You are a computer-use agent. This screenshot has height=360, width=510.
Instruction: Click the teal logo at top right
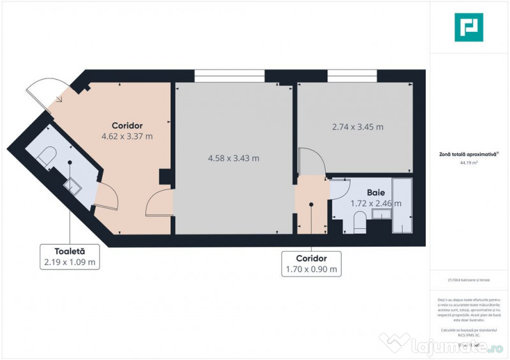pyautogui.click(x=469, y=27)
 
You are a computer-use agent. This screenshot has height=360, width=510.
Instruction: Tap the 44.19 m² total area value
pyautogui.click(x=469, y=162)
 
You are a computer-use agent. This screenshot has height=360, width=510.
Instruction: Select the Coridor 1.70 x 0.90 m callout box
pyautogui.click(x=311, y=264)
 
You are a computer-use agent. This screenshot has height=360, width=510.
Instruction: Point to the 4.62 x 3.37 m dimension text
pyautogui.click(x=127, y=136)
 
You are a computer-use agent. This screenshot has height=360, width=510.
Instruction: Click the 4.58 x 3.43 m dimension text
pyautogui.click(x=233, y=158)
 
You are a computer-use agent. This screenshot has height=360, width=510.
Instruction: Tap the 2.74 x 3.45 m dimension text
pyautogui.click(x=358, y=127)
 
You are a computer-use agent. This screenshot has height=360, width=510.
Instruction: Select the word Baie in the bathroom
pyautogui.click(x=375, y=192)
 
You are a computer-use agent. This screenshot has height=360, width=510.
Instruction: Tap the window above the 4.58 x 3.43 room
pyautogui.click(x=229, y=75)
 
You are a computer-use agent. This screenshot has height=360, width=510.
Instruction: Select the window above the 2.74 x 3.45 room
pyautogui.click(x=351, y=75)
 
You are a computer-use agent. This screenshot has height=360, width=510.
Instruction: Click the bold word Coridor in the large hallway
pyautogui.click(x=127, y=125)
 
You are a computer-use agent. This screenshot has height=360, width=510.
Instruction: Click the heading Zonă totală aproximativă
pyautogui.click(x=469, y=154)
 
